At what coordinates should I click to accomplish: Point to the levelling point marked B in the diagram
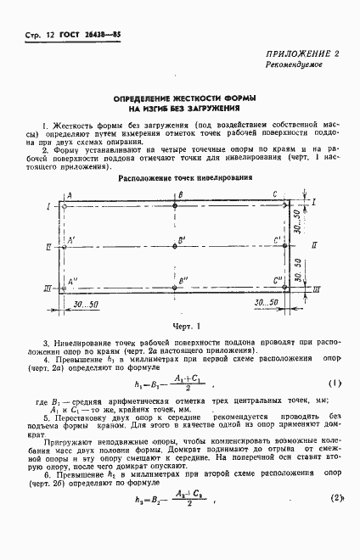[x=174, y=204]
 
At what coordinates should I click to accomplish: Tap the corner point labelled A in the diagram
[x=64, y=204]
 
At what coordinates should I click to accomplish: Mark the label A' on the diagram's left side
[x=72, y=240]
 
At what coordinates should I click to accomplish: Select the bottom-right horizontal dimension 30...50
[x=267, y=304]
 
